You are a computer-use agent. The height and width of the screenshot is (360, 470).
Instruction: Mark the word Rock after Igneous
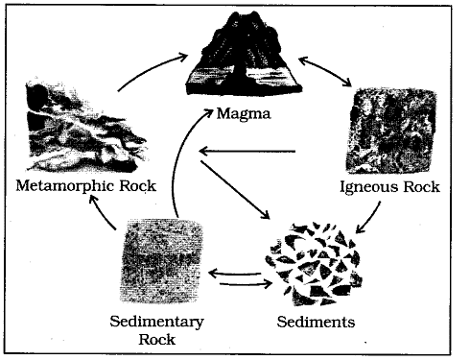coord(423,186)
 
